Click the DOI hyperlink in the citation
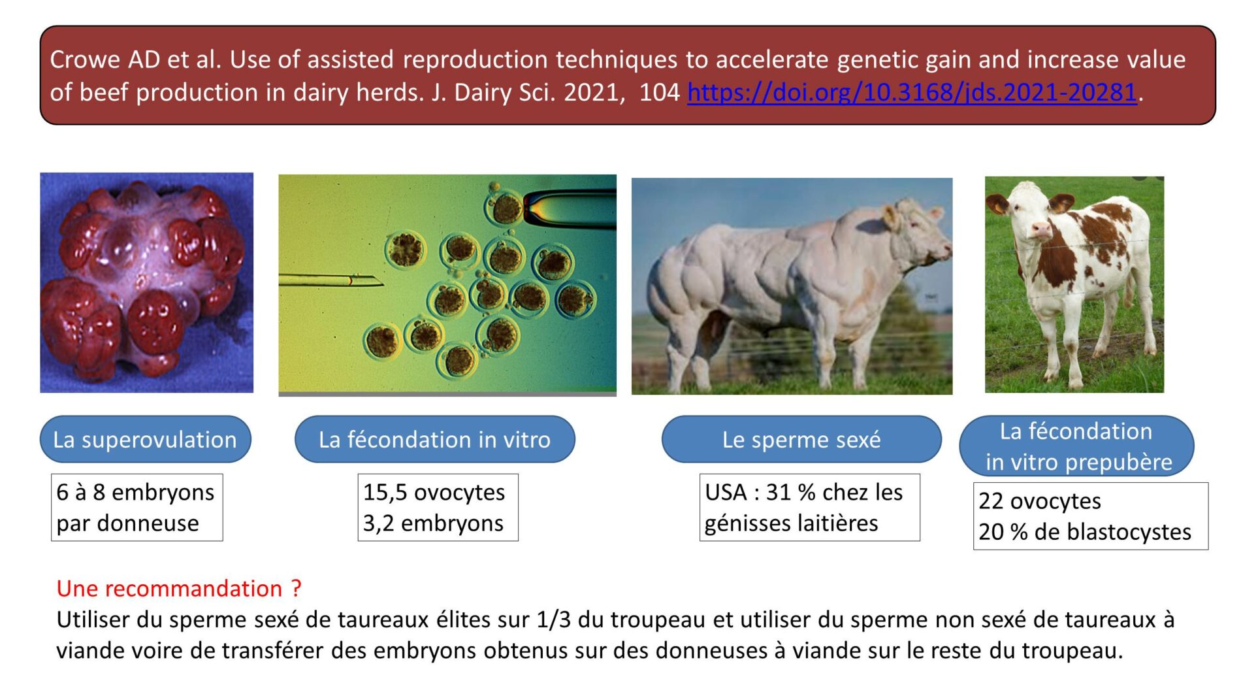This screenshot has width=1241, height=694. tap(912, 93)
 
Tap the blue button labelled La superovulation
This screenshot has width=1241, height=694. tap(146, 439)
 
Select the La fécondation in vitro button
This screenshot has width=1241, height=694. tap(435, 439)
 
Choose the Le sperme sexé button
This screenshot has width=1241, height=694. tap(801, 439)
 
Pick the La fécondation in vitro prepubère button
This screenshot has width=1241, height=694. tap(1076, 446)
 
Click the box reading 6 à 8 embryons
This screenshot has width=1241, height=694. tap(137, 507)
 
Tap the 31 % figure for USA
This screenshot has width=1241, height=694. tap(790, 492)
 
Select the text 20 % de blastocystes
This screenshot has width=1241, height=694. tap(1085, 532)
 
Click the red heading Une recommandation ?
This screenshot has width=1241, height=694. tap(179, 589)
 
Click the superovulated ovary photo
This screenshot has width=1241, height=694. tap(147, 282)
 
